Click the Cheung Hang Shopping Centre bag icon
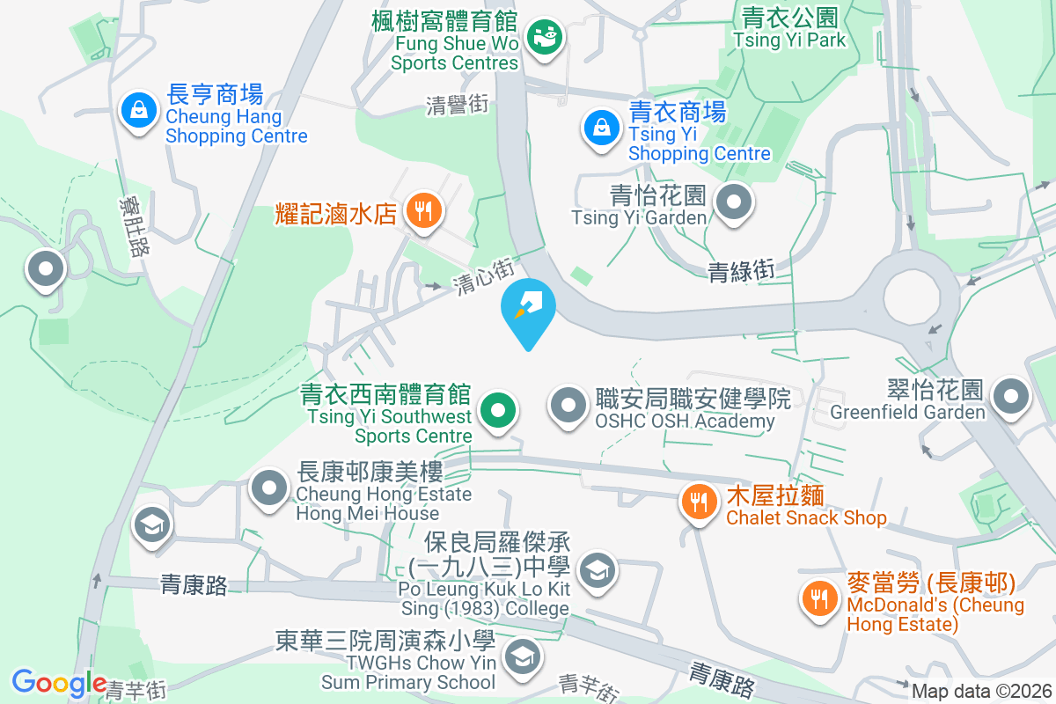point(139,111)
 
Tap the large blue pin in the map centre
point(528,308)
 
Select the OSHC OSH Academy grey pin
point(568,406)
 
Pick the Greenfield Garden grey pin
point(1011,397)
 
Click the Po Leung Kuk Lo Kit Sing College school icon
point(598,571)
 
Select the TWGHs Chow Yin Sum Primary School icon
point(523,656)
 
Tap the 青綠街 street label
point(741,271)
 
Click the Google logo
point(59,683)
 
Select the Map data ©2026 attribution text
point(981,692)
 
